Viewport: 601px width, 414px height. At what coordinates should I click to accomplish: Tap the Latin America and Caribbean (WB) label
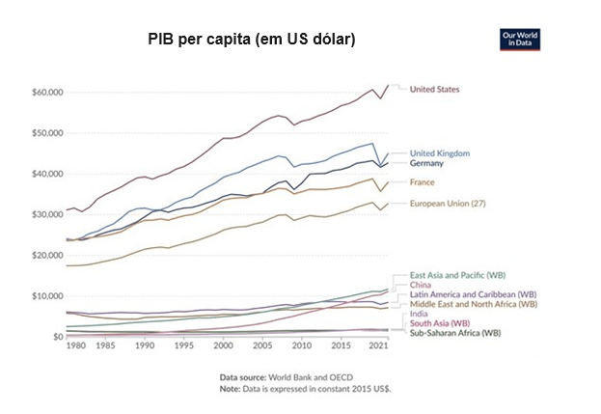(472, 294)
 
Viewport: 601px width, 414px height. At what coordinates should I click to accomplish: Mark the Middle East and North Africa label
(473, 304)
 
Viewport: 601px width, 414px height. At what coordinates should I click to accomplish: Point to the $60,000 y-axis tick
(47, 92)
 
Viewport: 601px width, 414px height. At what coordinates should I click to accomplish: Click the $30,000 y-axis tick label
(47, 214)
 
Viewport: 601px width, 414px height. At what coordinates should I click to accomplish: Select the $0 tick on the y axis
(57, 337)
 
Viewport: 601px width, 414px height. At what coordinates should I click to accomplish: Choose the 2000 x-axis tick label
(223, 345)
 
